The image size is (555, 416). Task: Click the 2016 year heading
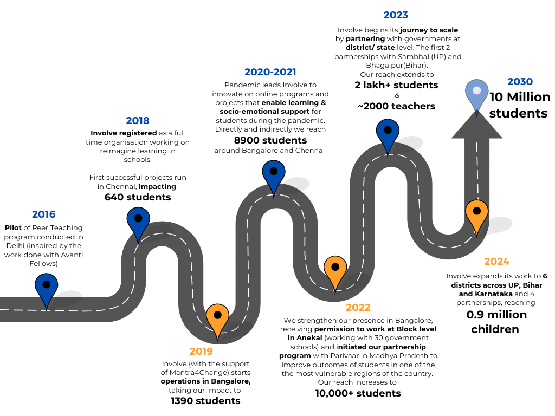43,214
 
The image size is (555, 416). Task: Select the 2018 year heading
138,121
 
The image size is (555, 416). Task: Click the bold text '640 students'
138,197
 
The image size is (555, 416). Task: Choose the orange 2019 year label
201,351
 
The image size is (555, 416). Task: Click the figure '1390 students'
205,401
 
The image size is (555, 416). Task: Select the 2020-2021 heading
270,72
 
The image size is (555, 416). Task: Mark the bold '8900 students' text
270,140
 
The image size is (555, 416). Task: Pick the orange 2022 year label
358,308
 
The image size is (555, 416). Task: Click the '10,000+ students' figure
358,393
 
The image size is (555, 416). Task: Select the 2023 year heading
396,15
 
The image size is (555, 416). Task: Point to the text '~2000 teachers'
396,106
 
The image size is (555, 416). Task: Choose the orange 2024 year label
496,262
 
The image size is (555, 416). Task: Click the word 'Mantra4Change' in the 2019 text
199,373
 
